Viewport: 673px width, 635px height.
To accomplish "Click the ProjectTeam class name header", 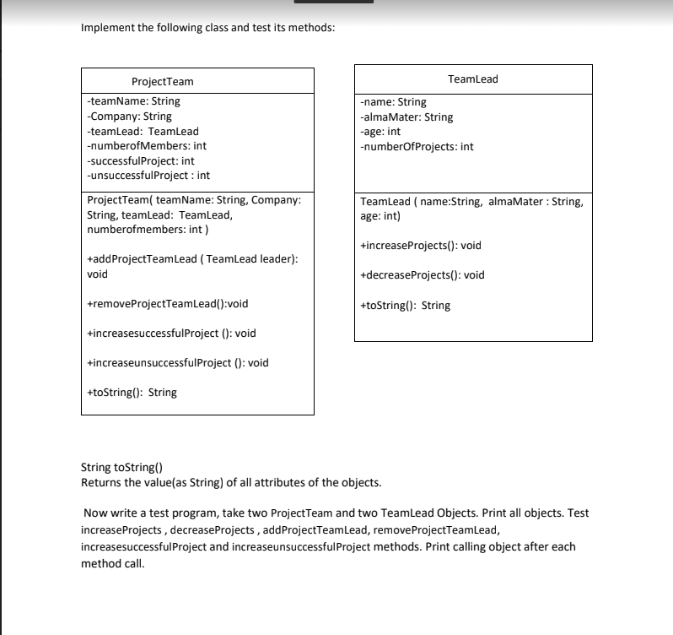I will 163,82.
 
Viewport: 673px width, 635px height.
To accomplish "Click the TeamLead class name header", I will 472,79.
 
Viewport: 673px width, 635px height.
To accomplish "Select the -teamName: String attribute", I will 133,101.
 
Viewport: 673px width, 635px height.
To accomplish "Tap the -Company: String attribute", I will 129,117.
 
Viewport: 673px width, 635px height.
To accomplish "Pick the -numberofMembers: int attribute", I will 147,146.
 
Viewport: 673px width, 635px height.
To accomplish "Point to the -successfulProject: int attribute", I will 141,160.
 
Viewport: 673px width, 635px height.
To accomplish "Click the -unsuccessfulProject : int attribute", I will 148,176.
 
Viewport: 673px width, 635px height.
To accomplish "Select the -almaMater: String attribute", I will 406,117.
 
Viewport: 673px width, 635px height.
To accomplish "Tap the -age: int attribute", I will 380,132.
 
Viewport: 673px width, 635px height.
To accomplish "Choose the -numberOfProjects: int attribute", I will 416,146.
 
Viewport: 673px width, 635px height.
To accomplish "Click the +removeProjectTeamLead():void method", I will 168,304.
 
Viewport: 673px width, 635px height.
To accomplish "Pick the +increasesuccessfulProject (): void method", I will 171,334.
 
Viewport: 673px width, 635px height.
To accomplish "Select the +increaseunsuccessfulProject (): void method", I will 178,363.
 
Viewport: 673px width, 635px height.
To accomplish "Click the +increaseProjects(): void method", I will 420,246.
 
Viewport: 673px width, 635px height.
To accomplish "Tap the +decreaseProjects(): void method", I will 422,275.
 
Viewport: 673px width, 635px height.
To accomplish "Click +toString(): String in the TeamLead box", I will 405,306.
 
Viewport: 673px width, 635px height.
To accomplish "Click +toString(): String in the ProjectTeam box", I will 132,393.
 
